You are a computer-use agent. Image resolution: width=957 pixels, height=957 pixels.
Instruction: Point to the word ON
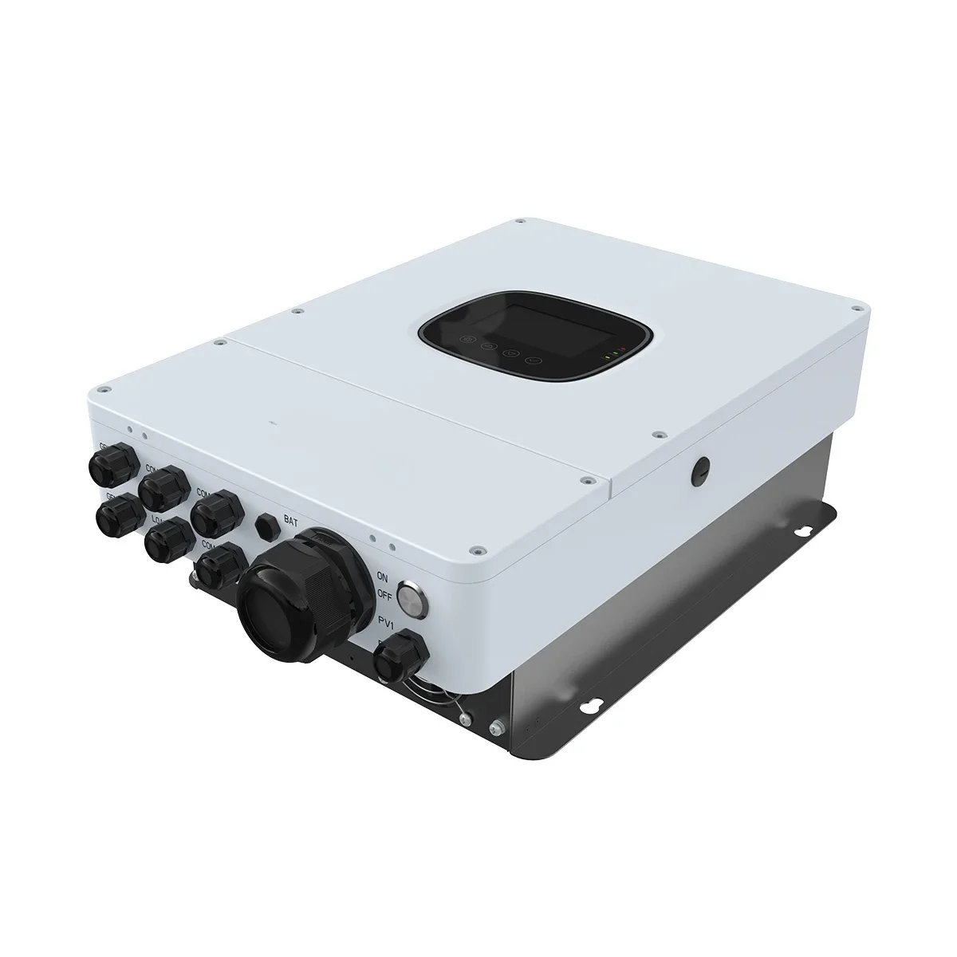point(383,576)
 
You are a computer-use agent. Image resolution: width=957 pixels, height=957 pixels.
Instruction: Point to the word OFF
point(384,594)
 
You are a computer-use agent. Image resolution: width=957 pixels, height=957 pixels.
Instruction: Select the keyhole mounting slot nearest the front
point(592,706)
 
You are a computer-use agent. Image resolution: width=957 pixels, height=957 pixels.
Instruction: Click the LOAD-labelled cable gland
point(165,540)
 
